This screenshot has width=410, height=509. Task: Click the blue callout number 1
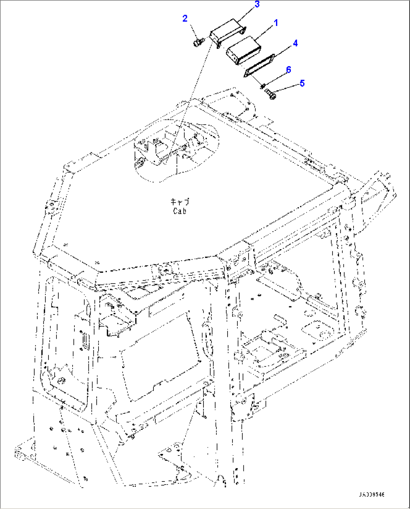[x=276, y=23]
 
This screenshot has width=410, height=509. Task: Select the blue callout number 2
[x=185, y=18]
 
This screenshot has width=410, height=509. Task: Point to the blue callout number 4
[x=295, y=43]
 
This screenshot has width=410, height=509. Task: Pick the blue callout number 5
[x=302, y=83]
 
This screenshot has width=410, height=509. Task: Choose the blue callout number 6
[x=288, y=70]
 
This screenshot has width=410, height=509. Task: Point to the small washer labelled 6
[x=263, y=86]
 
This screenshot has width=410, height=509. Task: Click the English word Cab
[x=180, y=211]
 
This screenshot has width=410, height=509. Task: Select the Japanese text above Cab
[x=180, y=202]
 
